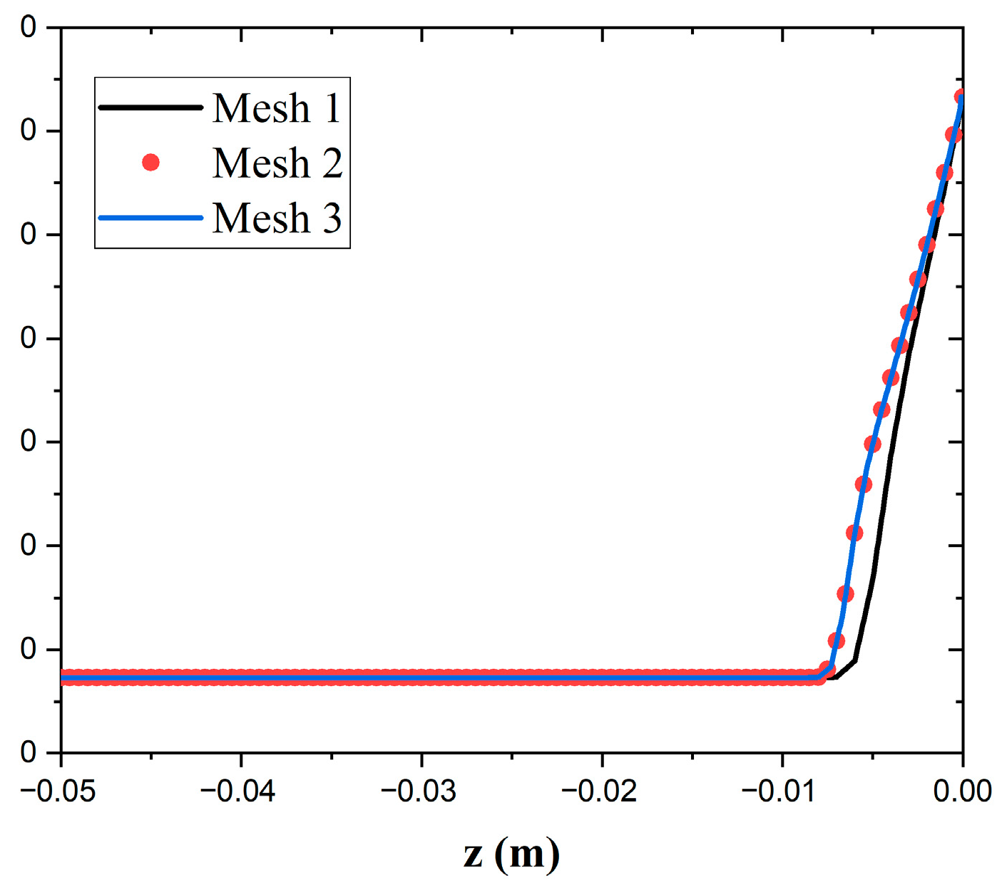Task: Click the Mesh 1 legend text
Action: (x=277, y=108)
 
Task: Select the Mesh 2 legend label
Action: (x=277, y=163)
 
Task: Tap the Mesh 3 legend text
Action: (x=277, y=218)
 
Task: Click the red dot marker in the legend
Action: (x=150, y=163)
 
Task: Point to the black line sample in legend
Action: (x=150, y=108)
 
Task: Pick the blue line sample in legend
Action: (x=150, y=218)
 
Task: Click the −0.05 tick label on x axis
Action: (x=58, y=791)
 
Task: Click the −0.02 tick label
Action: (x=599, y=791)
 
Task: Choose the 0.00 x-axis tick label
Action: (x=962, y=791)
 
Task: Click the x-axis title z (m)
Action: (x=511, y=854)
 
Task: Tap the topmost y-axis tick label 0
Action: (x=29, y=28)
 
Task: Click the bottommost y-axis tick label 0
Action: (x=29, y=752)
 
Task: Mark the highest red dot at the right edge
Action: (x=961, y=97)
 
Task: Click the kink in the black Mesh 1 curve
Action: (x=855, y=660)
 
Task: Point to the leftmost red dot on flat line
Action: (x=65, y=677)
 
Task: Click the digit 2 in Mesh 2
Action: (x=332, y=163)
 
